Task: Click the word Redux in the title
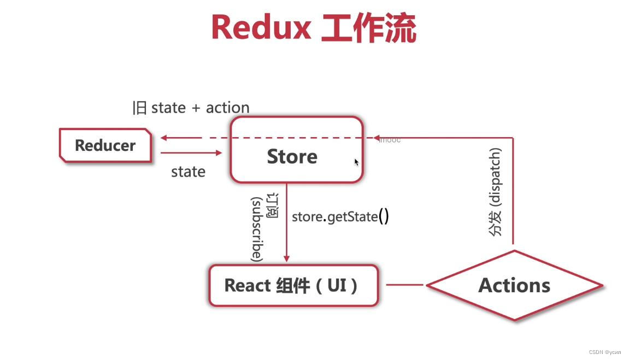click(x=261, y=27)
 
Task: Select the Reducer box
click(x=105, y=145)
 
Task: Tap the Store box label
click(x=292, y=156)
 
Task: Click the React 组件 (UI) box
click(x=293, y=285)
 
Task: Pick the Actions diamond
click(x=514, y=285)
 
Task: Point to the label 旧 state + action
click(x=191, y=108)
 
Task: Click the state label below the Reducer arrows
click(x=188, y=172)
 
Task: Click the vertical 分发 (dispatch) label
click(x=495, y=191)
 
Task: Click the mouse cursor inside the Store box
click(x=356, y=162)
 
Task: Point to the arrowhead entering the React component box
click(x=286, y=258)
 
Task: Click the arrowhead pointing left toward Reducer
click(x=164, y=138)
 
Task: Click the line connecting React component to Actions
click(x=404, y=285)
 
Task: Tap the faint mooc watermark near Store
click(x=390, y=140)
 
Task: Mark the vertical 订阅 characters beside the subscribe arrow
click(x=272, y=205)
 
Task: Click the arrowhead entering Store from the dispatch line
click(x=377, y=138)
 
